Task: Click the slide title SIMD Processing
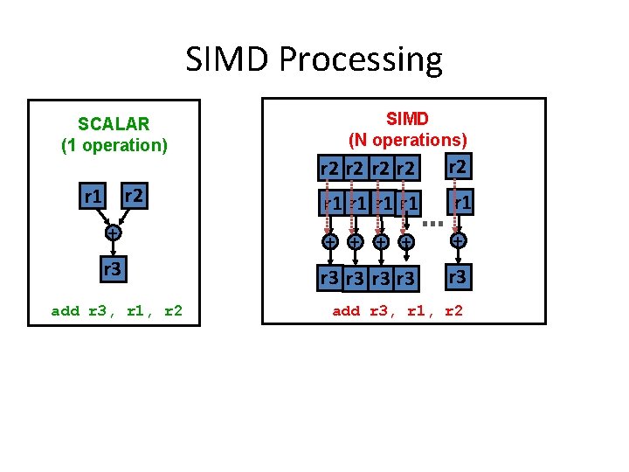(314, 59)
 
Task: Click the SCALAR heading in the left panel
(114, 124)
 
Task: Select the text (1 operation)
(114, 145)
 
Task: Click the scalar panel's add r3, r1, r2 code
(117, 310)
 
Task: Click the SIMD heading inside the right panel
(407, 118)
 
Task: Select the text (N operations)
(407, 139)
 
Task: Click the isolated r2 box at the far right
(457, 165)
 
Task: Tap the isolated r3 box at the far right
(457, 277)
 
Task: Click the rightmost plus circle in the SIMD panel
(457, 239)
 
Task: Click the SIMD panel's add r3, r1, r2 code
(397, 310)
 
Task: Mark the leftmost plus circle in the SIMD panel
(330, 241)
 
